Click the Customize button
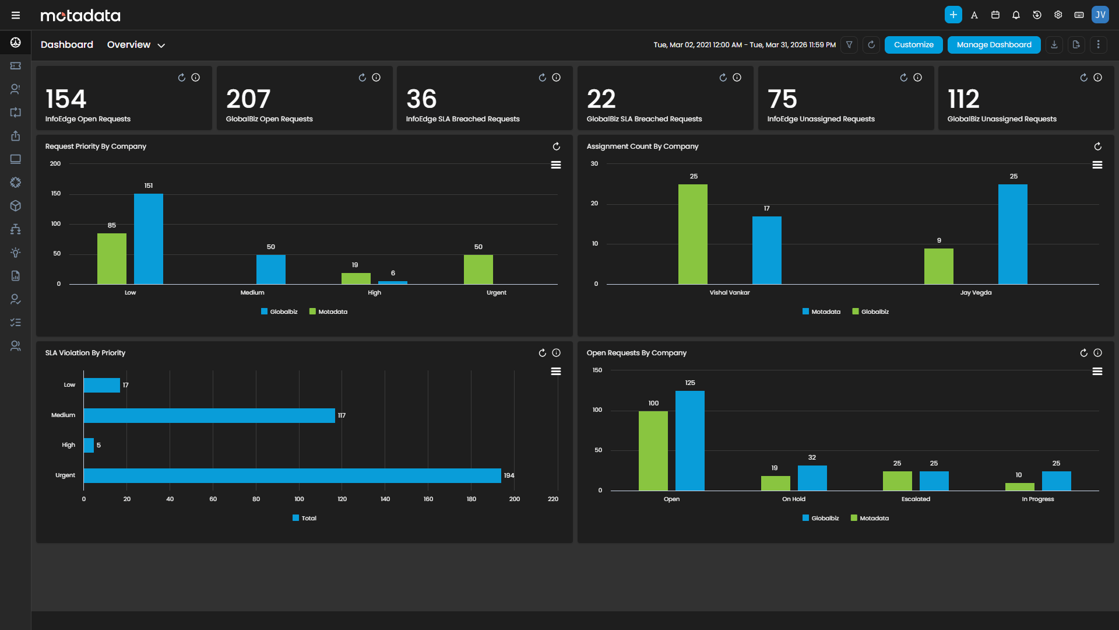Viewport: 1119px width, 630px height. (913, 45)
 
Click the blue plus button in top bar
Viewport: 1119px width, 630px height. (953, 15)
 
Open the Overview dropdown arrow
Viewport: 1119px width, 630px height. (161, 45)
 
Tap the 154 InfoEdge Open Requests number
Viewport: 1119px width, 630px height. (66, 99)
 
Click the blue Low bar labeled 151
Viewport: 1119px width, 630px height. (149, 239)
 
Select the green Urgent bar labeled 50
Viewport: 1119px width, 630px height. (478, 269)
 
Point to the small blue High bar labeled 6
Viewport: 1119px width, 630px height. (393, 282)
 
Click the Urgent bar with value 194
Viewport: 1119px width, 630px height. (291, 475)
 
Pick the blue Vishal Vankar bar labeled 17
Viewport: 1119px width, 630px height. (766, 250)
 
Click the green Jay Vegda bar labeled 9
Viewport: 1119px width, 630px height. (938, 267)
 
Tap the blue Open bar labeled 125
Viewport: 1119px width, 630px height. (689, 440)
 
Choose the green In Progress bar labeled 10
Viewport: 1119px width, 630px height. (1019, 487)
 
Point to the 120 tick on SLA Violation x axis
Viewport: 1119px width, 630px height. (342, 499)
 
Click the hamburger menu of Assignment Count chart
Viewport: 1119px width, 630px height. (1097, 165)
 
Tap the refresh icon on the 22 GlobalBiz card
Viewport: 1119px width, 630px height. (723, 78)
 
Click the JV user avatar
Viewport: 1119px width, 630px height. (1100, 15)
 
